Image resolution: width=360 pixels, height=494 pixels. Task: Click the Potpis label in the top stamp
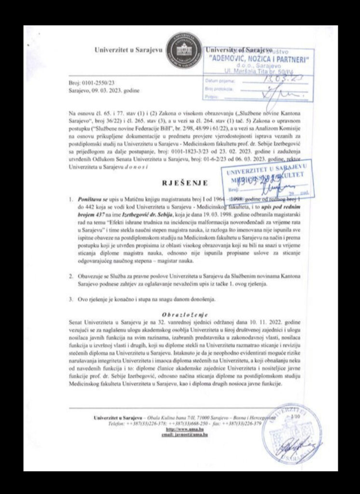coord(212,96)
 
